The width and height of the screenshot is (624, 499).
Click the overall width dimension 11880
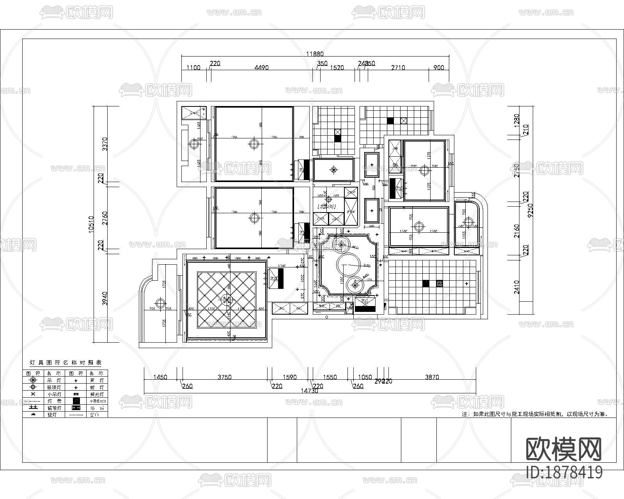tap(315, 54)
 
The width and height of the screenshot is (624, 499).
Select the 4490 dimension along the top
tap(261, 67)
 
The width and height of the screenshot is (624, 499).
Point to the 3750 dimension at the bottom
tap(224, 377)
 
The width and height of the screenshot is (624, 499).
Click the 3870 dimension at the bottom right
tap(432, 377)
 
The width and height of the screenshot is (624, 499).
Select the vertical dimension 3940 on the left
tap(105, 298)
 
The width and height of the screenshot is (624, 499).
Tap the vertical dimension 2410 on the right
tap(517, 287)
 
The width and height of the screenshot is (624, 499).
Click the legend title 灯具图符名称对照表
tap(66, 363)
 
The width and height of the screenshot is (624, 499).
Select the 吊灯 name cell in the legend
tap(51, 380)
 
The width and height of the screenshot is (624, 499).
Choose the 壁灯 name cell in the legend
tap(51, 414)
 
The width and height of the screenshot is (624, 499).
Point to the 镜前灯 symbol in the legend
tap(33, 408)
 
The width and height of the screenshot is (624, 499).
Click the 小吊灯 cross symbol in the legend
tap(33, 394)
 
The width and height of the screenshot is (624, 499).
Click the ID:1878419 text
tap(564, 472)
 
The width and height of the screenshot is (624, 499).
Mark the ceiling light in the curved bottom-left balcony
tap(160, 303)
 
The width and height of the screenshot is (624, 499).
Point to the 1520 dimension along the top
tap(337, 67)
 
